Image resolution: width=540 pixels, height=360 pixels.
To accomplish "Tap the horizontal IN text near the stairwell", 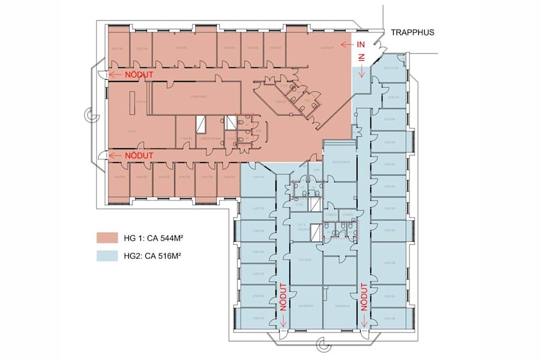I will [x=361, y=44].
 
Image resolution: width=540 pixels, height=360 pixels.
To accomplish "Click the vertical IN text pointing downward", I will [x=362, y=58].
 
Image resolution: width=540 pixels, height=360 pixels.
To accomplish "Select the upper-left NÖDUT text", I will [x=139, y=74].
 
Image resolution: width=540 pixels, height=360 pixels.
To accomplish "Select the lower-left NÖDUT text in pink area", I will [x=139, y=155].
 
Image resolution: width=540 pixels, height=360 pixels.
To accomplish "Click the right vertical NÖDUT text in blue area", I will [x=364, y=298].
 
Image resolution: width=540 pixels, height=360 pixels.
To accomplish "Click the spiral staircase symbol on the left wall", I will [x=90, y=115].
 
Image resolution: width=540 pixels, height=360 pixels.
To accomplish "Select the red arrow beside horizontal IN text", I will [x=346, y=44].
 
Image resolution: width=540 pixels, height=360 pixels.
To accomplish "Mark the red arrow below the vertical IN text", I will [x=362, y=73].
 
